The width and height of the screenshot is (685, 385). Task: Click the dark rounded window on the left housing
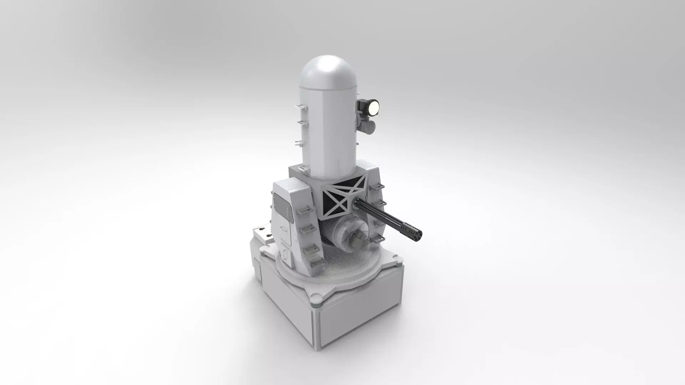(x=281, y=205)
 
